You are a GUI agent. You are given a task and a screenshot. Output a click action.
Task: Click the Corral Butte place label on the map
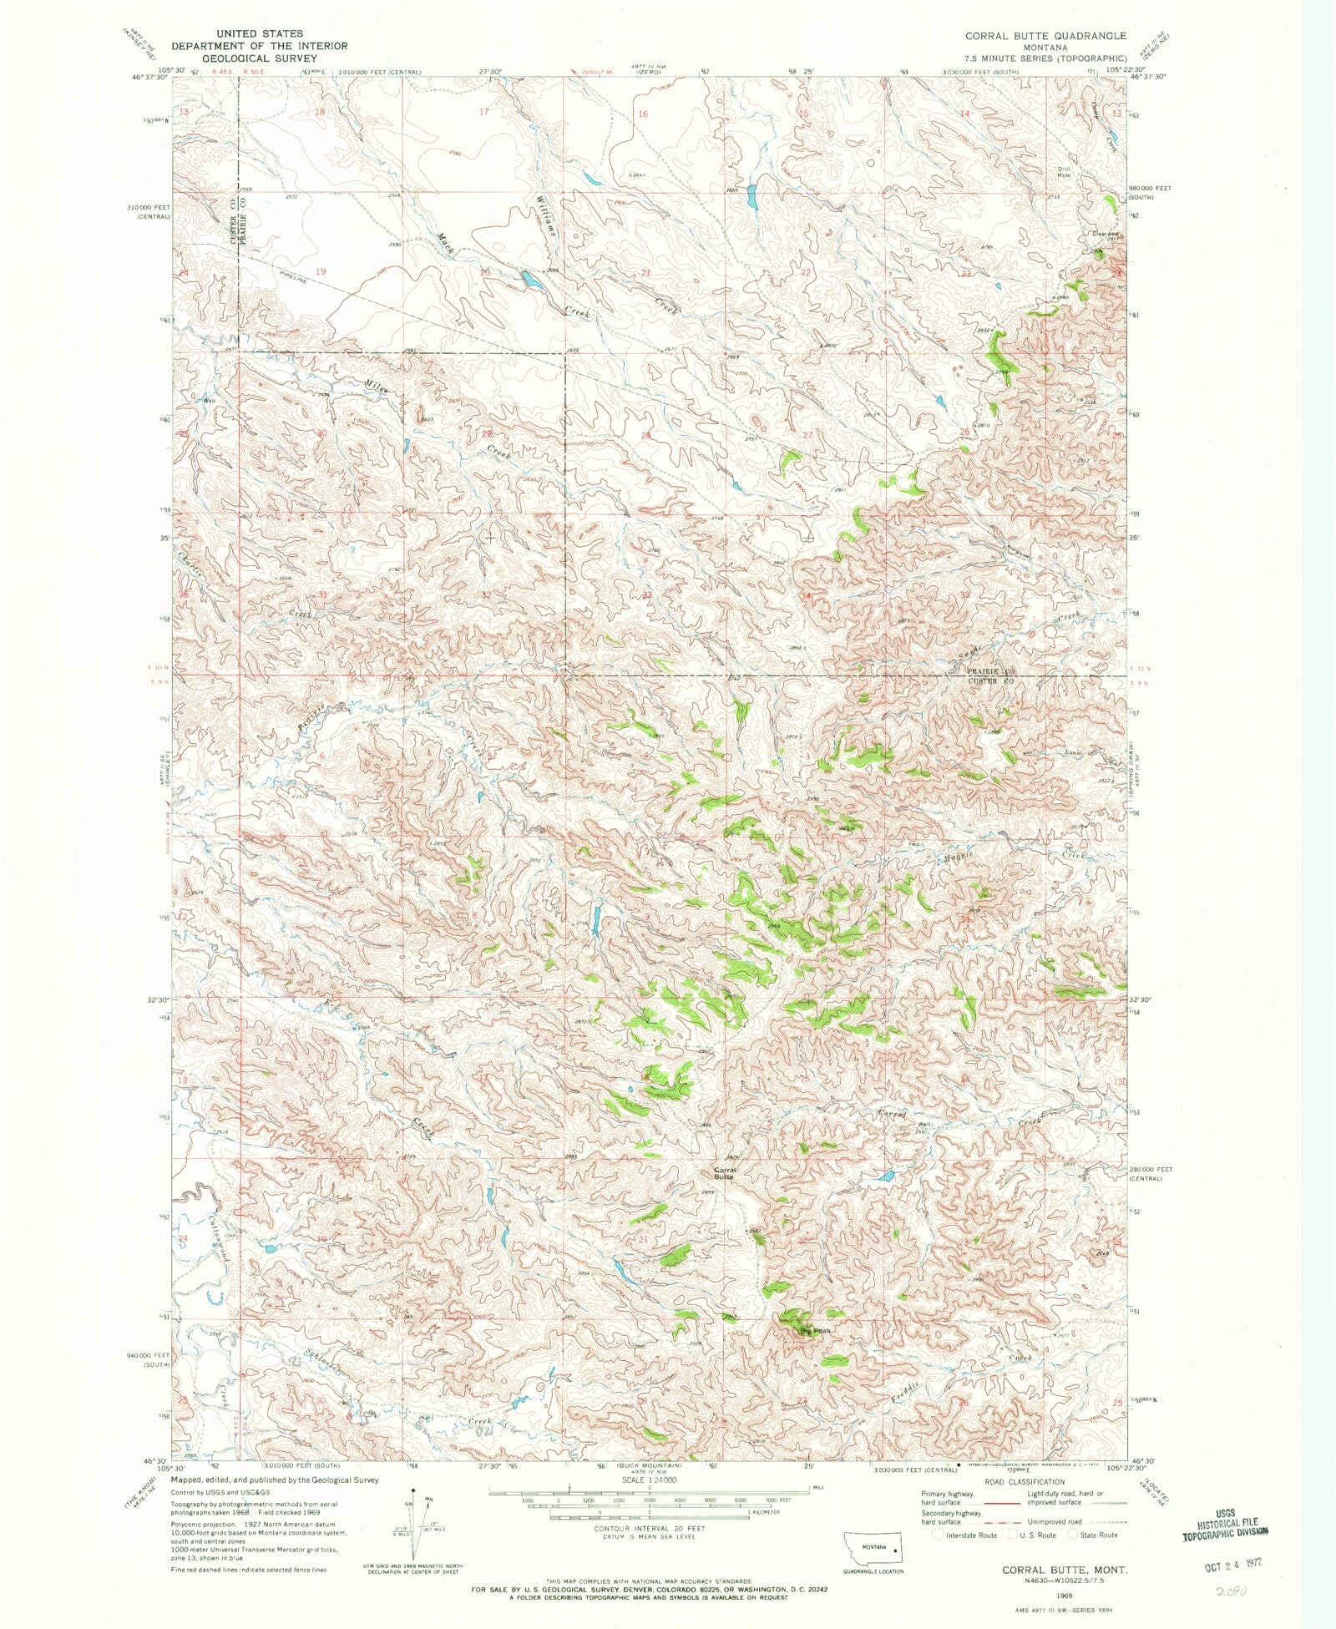pyautogui.click(x=723, y=1173)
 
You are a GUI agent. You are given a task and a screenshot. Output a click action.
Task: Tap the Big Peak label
pyautogui.click(x=815, y=1330)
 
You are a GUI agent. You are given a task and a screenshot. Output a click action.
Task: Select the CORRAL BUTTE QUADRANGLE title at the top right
pyautogui.click(x=1045, y=36)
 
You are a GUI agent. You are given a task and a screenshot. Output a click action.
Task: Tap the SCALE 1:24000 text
pyautogui.click(x=648, y=1480)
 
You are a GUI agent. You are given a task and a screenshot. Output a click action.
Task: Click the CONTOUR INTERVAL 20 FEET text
pyautogui.click(x=648, y=1528)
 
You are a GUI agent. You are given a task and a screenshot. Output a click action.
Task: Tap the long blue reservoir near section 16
pyautogui.click(x=751, y=197)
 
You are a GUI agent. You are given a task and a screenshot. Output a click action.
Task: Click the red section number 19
pyautogui.click(x=321, y=271)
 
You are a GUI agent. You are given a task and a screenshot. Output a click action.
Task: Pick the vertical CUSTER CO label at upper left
pyautogui.click(x=228, y=222)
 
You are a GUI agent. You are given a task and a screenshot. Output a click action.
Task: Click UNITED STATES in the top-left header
pyautogui.click(x=260, y=33)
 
